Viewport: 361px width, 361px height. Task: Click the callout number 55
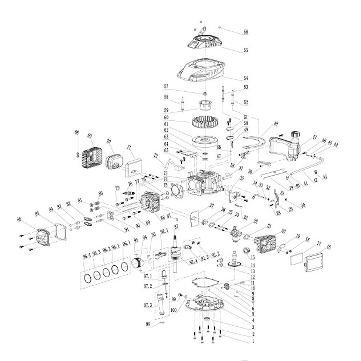[x=246, y=51]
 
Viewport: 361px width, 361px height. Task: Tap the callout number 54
[x=246, y=78]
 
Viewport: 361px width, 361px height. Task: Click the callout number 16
[x=328, y=247]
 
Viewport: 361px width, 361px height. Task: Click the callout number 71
[x=129, y=147]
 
